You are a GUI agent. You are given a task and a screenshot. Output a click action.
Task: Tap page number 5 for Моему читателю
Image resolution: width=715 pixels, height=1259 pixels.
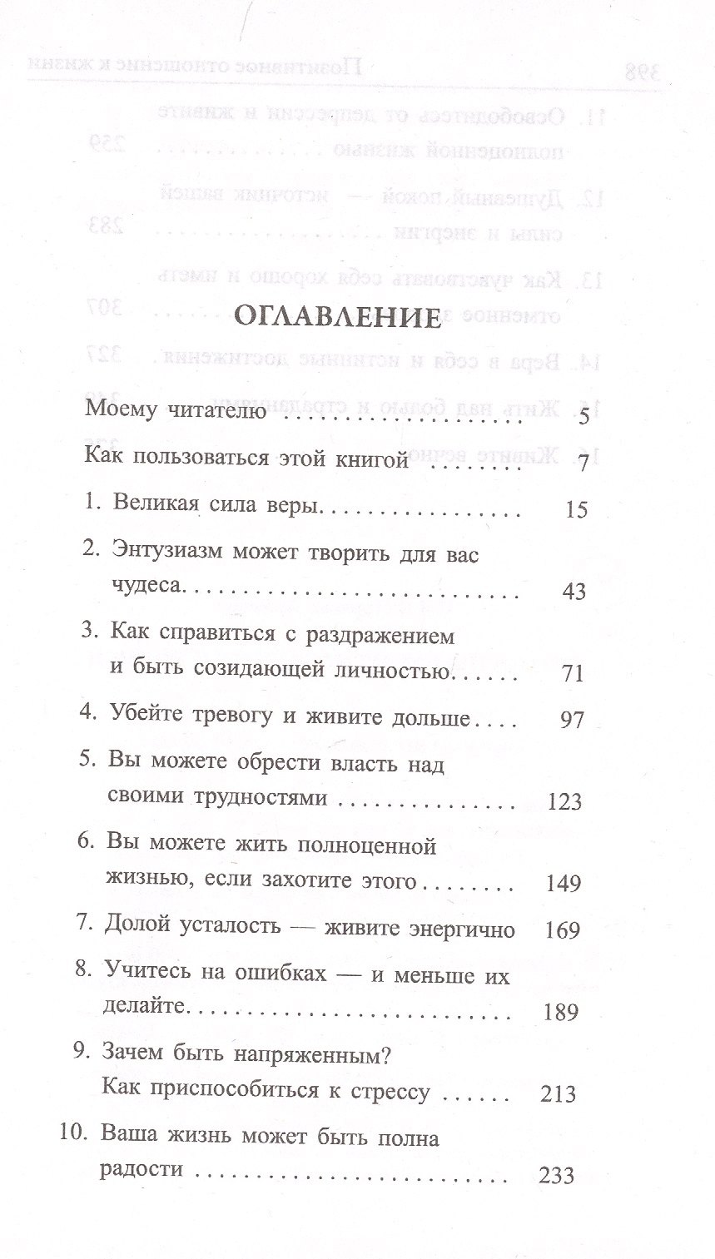click(583, 415)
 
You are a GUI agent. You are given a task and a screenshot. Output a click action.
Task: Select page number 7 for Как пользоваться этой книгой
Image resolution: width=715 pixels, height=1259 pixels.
click(583, 463)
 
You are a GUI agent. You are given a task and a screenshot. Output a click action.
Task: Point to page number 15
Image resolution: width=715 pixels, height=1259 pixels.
click(575, 508)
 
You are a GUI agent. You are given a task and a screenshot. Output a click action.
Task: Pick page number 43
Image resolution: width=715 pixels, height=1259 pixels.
click(574, 592)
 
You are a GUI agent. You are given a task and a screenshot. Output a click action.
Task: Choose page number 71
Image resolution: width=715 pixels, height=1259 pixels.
click(574, 673)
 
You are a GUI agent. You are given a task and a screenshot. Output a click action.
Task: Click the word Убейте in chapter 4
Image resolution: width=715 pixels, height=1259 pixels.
click(144, 718)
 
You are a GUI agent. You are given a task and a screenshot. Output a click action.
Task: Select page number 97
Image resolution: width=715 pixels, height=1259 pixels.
click(574, 720)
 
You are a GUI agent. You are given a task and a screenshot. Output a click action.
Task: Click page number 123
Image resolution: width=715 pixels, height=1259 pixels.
click(565, 802)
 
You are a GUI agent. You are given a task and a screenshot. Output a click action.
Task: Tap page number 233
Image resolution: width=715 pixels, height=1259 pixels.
click(556, 1176)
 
